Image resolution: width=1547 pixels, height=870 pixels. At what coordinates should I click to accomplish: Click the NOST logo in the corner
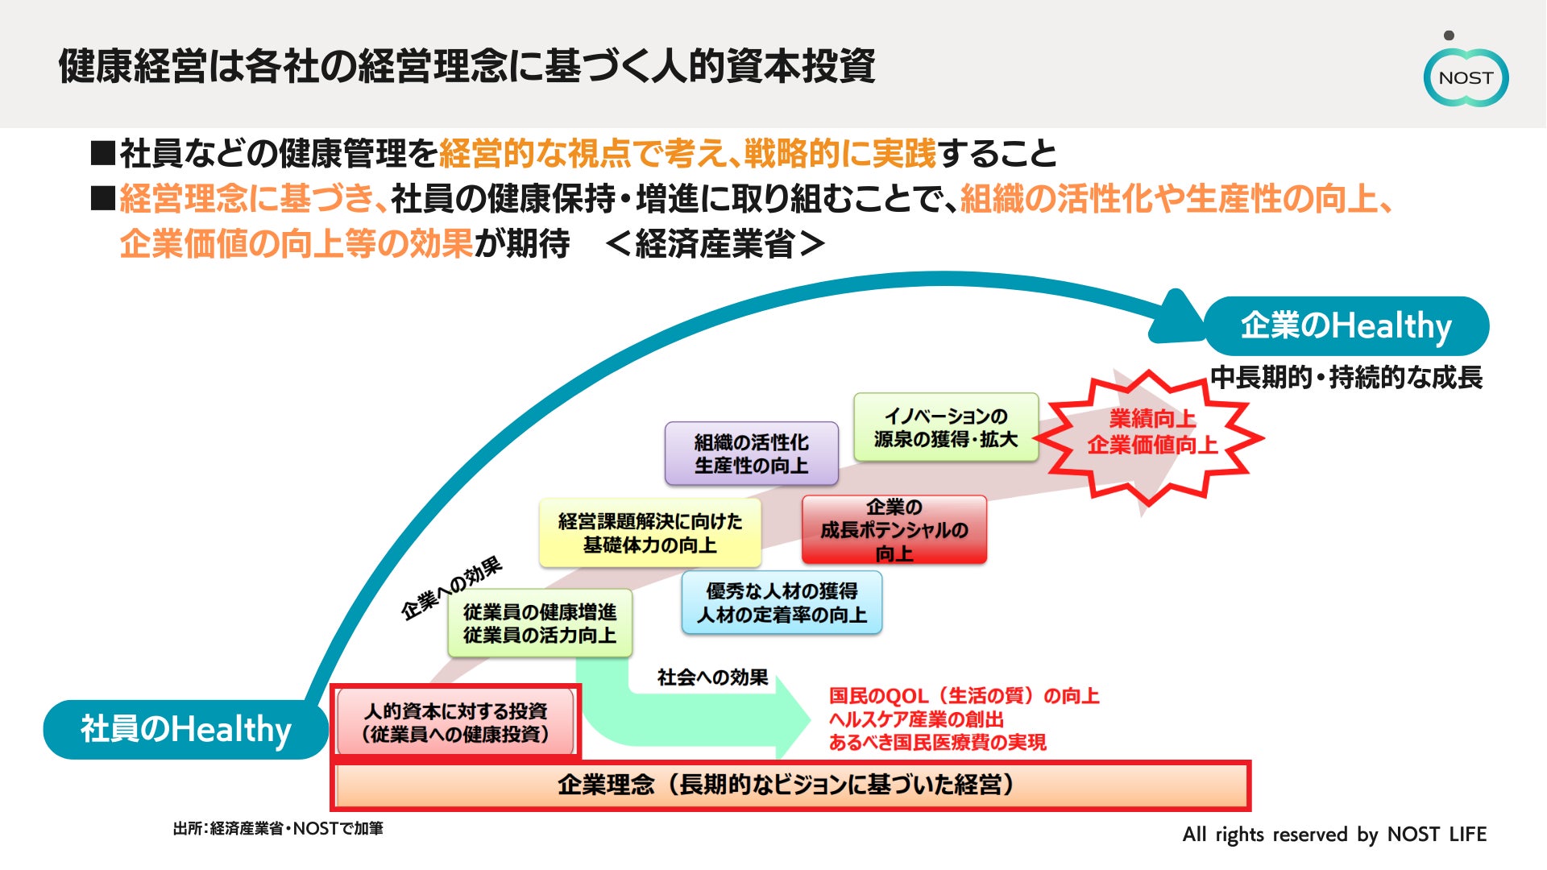click(1466, 77)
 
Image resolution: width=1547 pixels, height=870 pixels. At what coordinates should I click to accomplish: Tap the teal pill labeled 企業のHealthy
click(1346, 326)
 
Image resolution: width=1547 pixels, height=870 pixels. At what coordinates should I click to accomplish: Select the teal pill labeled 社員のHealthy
click(185, 730)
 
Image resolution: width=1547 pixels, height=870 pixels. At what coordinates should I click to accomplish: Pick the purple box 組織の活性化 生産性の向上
click(751, 454)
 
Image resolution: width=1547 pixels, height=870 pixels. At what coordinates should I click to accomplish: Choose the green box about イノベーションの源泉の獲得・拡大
click(946, 428)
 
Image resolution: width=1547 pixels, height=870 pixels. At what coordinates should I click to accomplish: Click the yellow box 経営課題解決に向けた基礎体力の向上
click(649, 533)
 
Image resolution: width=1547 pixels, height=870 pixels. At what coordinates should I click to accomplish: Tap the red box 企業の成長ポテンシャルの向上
click(894, 530)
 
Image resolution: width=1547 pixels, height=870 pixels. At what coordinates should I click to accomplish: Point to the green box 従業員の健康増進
click(539, 623)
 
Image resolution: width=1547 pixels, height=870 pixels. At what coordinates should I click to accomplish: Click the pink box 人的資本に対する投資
click(455, 723)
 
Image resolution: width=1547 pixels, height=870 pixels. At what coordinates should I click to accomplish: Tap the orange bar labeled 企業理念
click(790, 785)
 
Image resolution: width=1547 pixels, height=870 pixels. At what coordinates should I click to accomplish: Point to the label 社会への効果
click(712, 677)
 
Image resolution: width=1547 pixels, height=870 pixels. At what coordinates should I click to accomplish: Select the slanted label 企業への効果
click(452, 588)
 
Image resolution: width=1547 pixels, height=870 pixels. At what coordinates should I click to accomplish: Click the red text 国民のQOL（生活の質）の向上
click(964, 696)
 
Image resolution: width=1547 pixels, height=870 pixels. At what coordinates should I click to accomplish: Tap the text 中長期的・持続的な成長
click(1346, 378)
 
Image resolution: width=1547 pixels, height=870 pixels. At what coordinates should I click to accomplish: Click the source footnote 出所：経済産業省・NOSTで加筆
click(278, 829)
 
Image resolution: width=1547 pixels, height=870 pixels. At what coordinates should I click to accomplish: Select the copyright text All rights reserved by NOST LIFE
click(1334, 835)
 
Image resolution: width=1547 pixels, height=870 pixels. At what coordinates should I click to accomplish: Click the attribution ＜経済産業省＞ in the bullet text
click(715, 244)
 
